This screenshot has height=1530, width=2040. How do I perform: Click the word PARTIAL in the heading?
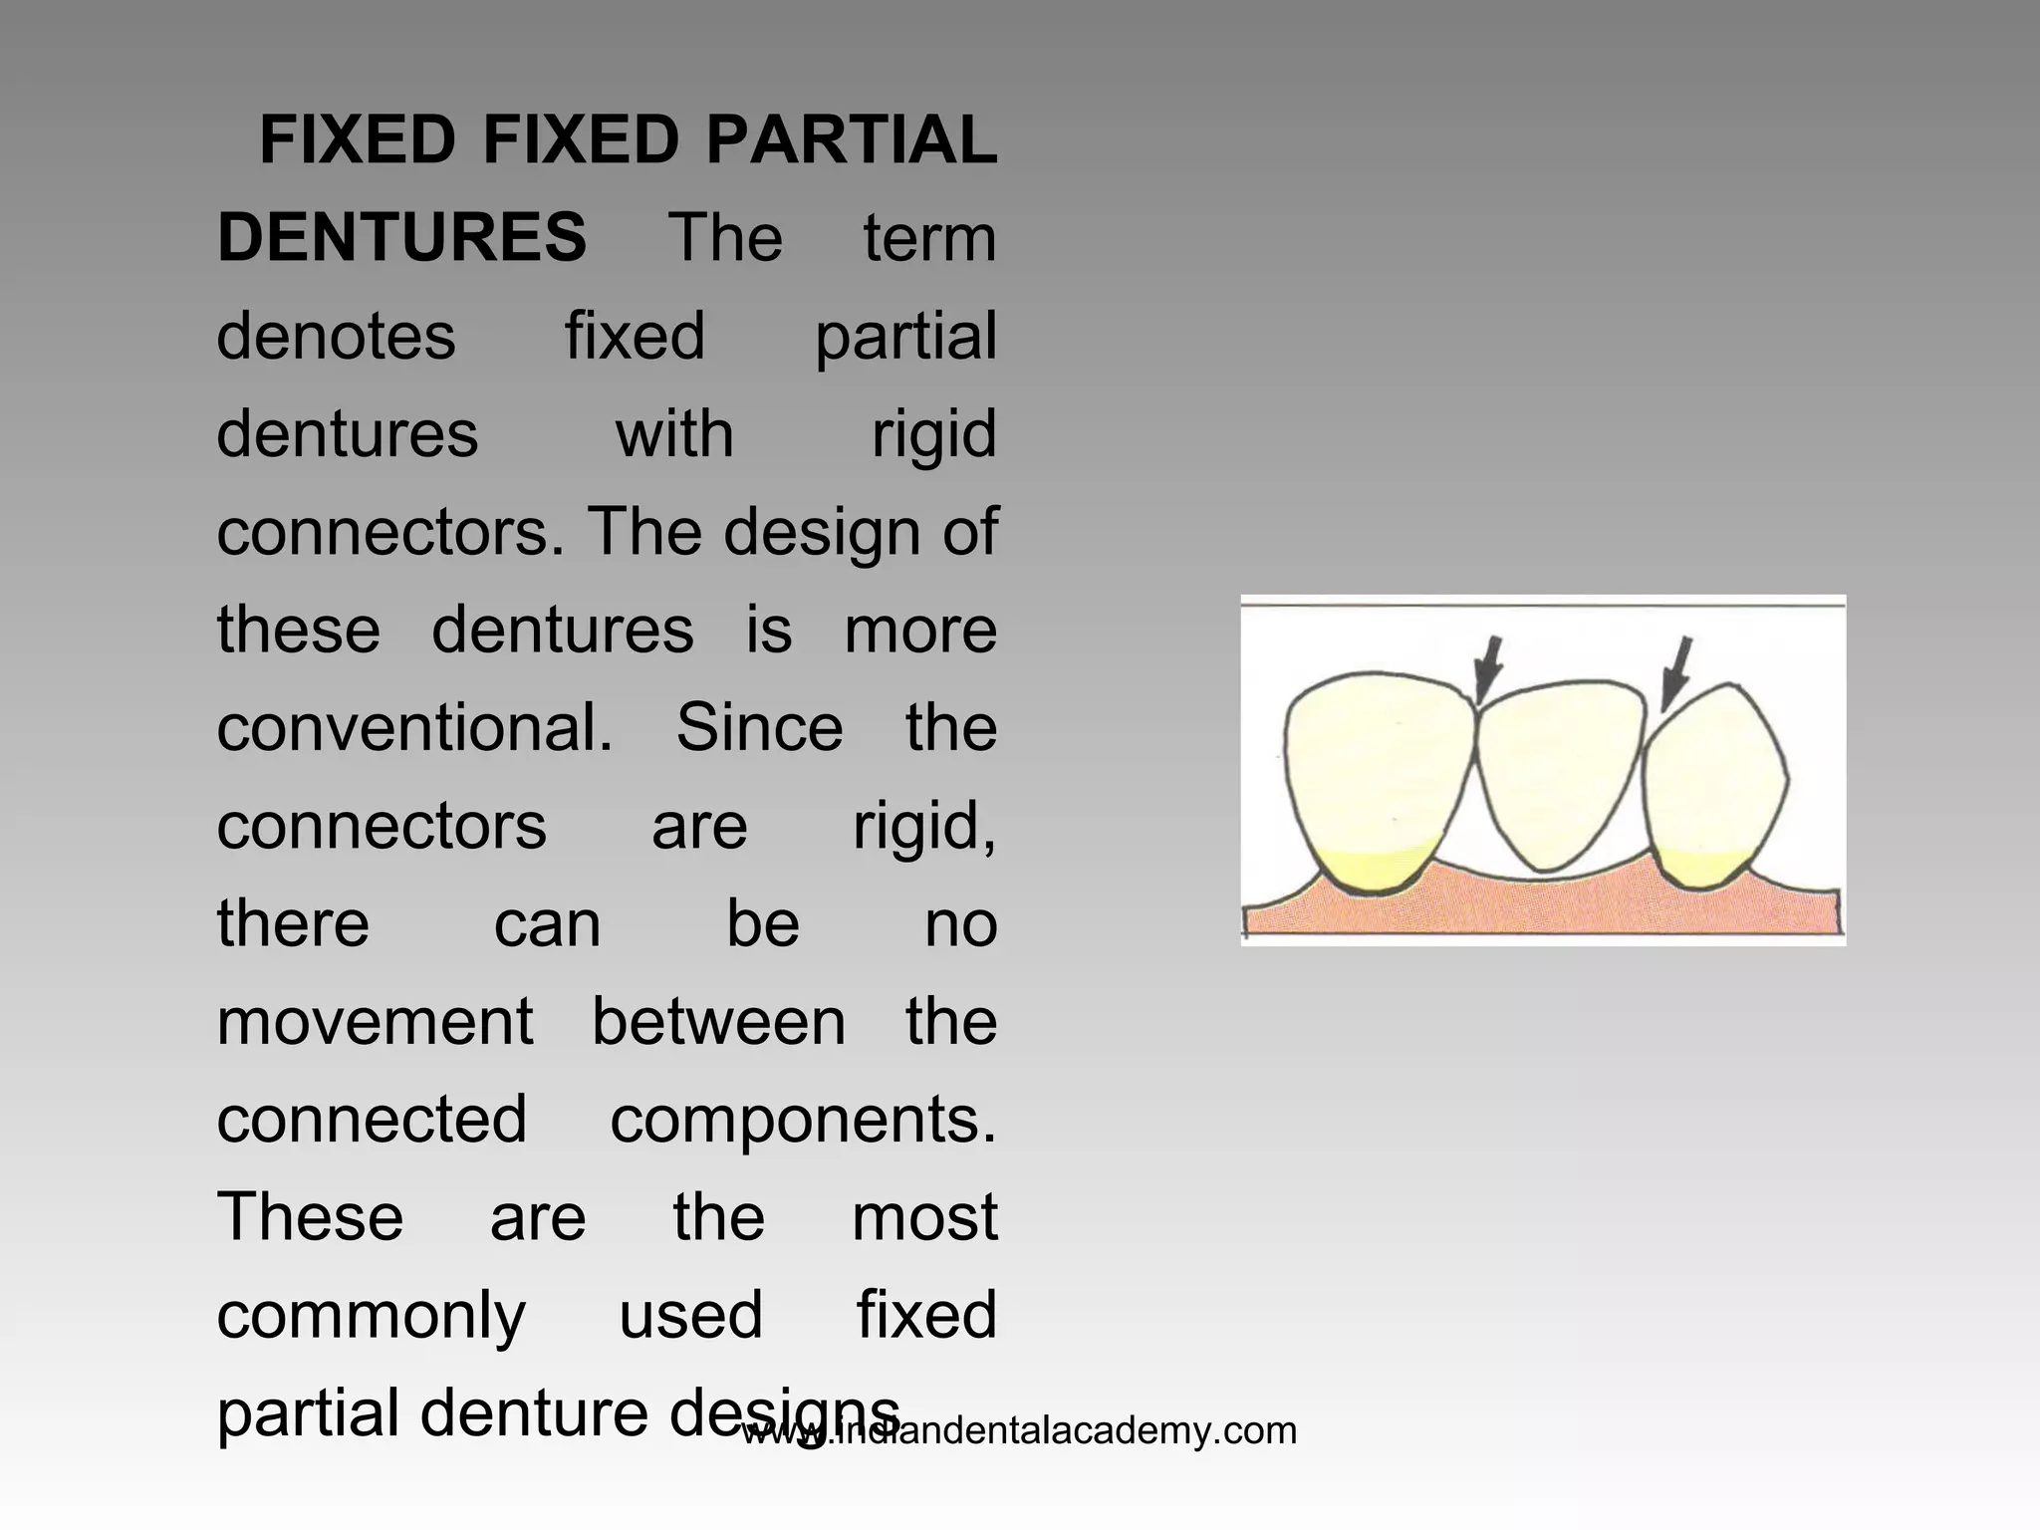(851, 140)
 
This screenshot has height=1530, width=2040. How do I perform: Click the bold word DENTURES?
(401, 238)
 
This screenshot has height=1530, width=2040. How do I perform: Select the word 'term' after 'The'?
(929, 239)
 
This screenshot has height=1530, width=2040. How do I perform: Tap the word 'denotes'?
(336, 337)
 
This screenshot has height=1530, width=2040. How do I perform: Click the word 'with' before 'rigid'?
(674, 434)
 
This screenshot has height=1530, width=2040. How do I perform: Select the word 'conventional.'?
(414, 728)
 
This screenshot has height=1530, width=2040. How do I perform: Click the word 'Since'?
(759, 728)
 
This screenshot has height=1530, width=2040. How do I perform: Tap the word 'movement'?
(375, 1022)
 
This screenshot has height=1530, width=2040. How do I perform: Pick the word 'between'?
(718, 1022)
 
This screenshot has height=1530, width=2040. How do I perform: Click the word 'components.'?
(803, 1121)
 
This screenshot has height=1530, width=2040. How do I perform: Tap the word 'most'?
(924, 1217)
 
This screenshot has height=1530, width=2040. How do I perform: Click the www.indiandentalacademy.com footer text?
(1019, 1431)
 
